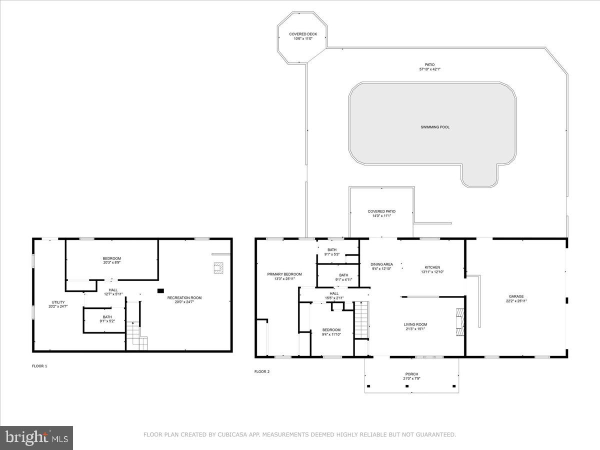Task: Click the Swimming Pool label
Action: pos(434,127)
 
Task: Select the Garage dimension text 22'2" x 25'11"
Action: pos(516,301)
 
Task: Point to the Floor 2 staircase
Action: pos(360,320)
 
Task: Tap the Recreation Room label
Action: pos(184,297)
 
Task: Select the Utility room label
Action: pos(58,302)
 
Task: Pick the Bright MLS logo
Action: pos(36,438)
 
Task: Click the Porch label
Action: pos(411,374)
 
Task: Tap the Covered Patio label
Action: pos(381,211)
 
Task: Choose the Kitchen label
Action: pos(432,267)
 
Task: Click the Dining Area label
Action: pos(381,264)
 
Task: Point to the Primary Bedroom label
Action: pos(284,274)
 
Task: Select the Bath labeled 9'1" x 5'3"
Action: pos(332,254)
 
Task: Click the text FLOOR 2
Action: pos(262,371)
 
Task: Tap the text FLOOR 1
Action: pos(39,366)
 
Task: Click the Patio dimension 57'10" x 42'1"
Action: pos(429,69)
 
